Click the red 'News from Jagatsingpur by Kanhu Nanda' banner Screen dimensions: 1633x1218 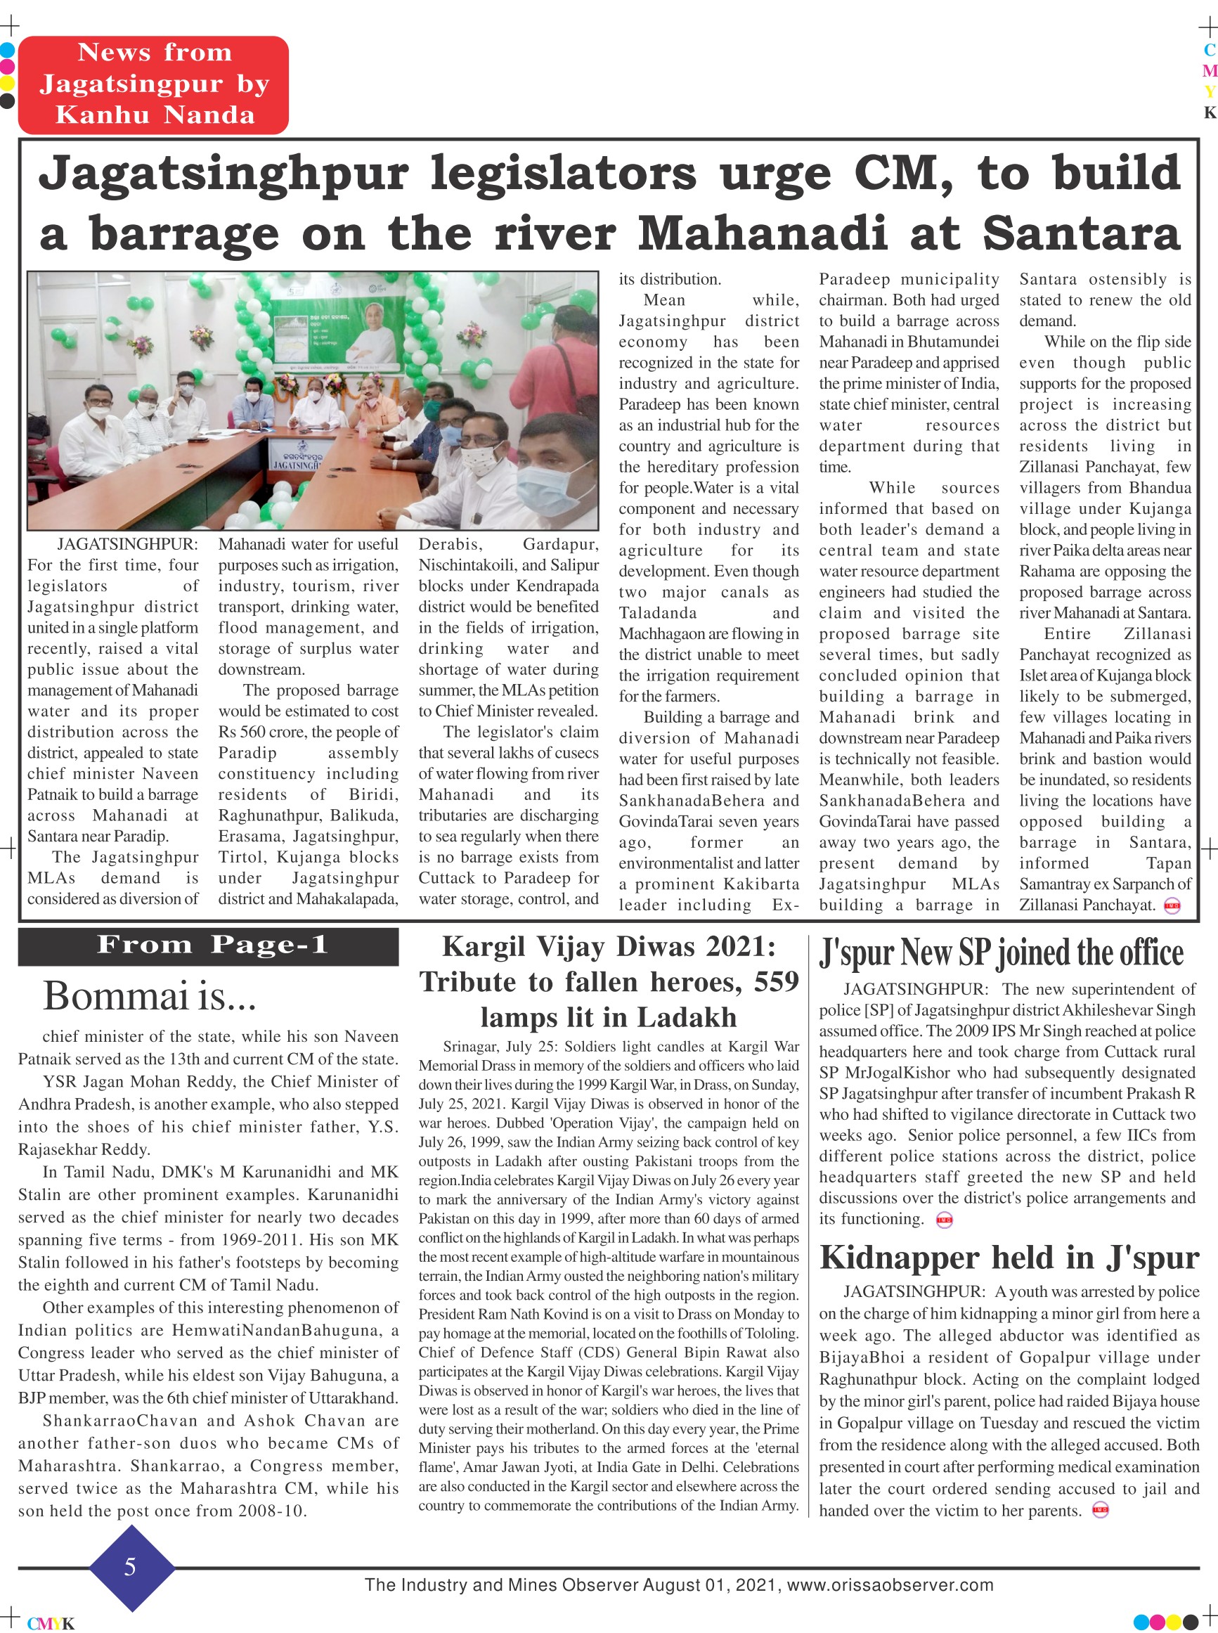point(153,84)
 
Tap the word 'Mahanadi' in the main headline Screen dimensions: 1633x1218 point(763,235)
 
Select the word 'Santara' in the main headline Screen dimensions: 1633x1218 point(1082,235)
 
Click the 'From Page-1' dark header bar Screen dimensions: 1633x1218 point(209,946)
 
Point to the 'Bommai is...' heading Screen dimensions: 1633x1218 point(150,997)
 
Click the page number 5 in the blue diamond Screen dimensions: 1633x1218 point(131,1567)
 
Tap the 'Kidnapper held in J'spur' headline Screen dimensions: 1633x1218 point(1009,1258)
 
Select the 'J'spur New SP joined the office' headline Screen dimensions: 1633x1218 point(1002,953)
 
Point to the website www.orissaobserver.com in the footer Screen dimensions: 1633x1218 point(890,1585)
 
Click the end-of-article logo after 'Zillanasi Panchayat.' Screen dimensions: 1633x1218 point(1172,906)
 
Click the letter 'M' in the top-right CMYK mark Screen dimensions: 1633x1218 point(1209,72)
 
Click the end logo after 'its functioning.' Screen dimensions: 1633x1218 point(945,1220)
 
